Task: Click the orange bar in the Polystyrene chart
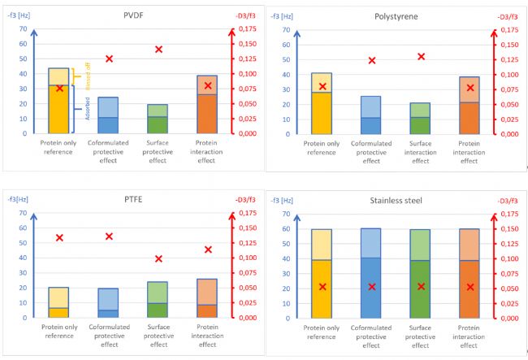click(x=469, y=106)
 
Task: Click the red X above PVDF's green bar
click(x=158, y=50)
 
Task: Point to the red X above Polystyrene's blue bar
click(x=372, y=61)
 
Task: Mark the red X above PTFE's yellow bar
click(x=59, y=238)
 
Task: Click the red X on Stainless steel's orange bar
click(x=470, y=287)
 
